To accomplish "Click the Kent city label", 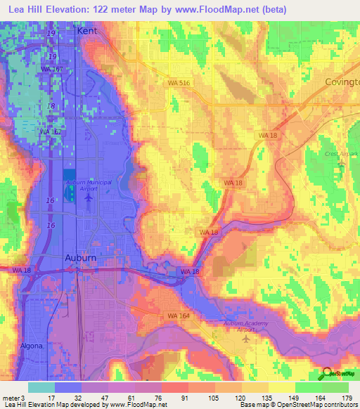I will pos(88,32).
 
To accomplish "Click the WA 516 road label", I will pos(179,83).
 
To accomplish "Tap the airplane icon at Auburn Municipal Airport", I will pos(88,197).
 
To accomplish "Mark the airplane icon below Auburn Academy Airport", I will pos(245,339).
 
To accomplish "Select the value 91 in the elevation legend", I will pos(184,398).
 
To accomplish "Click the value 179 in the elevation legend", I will pos(347,398).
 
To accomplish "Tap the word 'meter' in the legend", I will pos(9,398).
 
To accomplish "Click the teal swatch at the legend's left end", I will pos(41,387).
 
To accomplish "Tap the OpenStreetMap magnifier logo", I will pos(328,375).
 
